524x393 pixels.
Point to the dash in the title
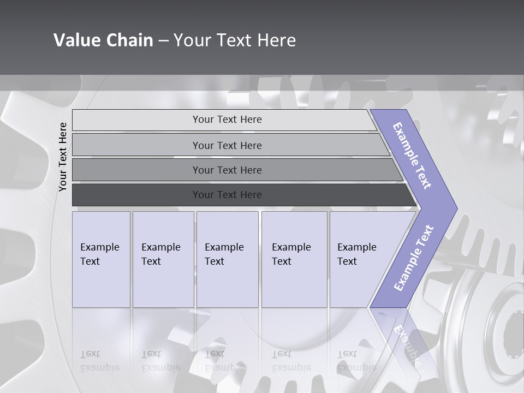tap(163, 41)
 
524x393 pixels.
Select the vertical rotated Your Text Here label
tap(63, 157)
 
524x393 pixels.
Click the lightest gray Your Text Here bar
tap(227, 120)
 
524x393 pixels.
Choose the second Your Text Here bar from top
tap(227, 145)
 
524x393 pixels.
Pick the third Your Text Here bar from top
tap(227, 170)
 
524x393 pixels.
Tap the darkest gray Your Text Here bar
tap(227, 195)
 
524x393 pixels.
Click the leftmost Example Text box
tap(101, 259)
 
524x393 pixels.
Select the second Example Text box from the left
tap(163, 259)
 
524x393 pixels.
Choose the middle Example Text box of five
tap(227, 259)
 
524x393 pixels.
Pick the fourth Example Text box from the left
tap(294, 259)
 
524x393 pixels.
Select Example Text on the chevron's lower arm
tap(414, 258)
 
